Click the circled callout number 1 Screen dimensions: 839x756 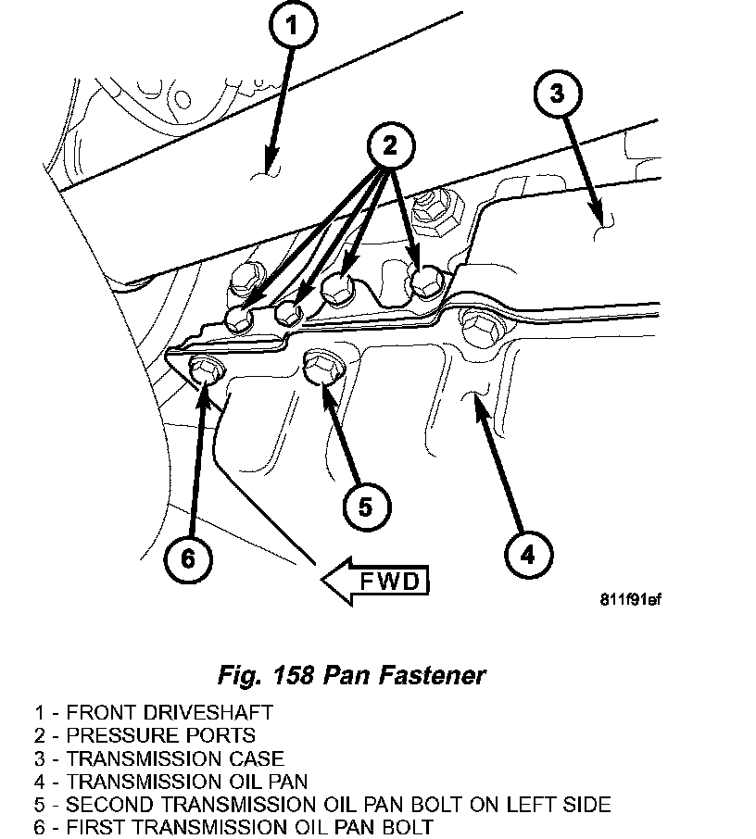(293, 30)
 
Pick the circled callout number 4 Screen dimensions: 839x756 (527, 555)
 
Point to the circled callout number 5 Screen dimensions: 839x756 (364, 505)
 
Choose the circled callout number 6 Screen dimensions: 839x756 (187, 557)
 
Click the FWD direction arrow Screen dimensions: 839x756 (375, 582)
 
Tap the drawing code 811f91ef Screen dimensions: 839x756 (630, 597)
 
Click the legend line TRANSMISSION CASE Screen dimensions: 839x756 (159, 758)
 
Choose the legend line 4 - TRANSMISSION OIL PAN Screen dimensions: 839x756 (171, 782)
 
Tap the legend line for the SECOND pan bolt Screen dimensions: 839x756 (322, 804)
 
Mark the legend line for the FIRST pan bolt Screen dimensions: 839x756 (233, 827)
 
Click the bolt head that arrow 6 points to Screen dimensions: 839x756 (203, 368)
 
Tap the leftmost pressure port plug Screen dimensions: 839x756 (239, 319)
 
